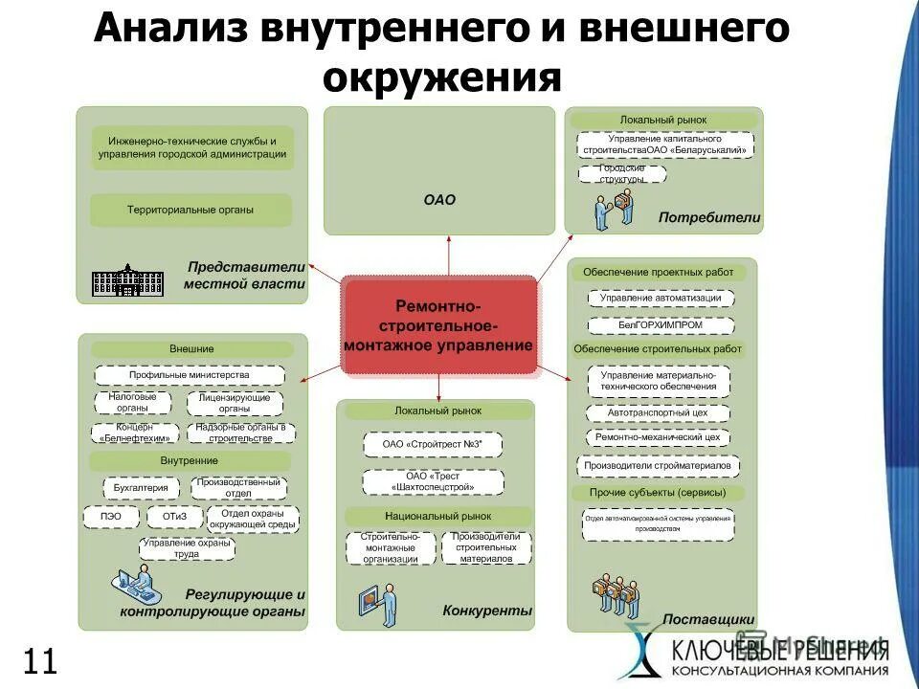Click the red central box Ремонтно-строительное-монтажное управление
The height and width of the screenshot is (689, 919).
point(439,325)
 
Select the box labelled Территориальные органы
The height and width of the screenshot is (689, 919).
point(191,210)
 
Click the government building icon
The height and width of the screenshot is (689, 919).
point(127,279)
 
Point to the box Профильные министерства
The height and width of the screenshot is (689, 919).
point(190,375)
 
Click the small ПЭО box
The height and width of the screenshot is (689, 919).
point(110,517)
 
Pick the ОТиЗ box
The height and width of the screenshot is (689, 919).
point(170,517)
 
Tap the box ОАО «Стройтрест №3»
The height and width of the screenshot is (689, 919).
point(432,444)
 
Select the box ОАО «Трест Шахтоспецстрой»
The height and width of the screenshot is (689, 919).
point(433,481)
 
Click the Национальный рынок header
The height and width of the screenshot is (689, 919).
point(437,516)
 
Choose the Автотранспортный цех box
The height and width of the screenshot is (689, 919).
point(658,413)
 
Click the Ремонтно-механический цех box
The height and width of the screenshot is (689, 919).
point(658,437)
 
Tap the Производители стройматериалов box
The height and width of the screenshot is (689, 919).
point(658,466)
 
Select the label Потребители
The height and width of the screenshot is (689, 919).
point(708,218)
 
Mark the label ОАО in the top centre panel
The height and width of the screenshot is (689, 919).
point(439,201)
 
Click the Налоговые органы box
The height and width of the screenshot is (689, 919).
point(132,402)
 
